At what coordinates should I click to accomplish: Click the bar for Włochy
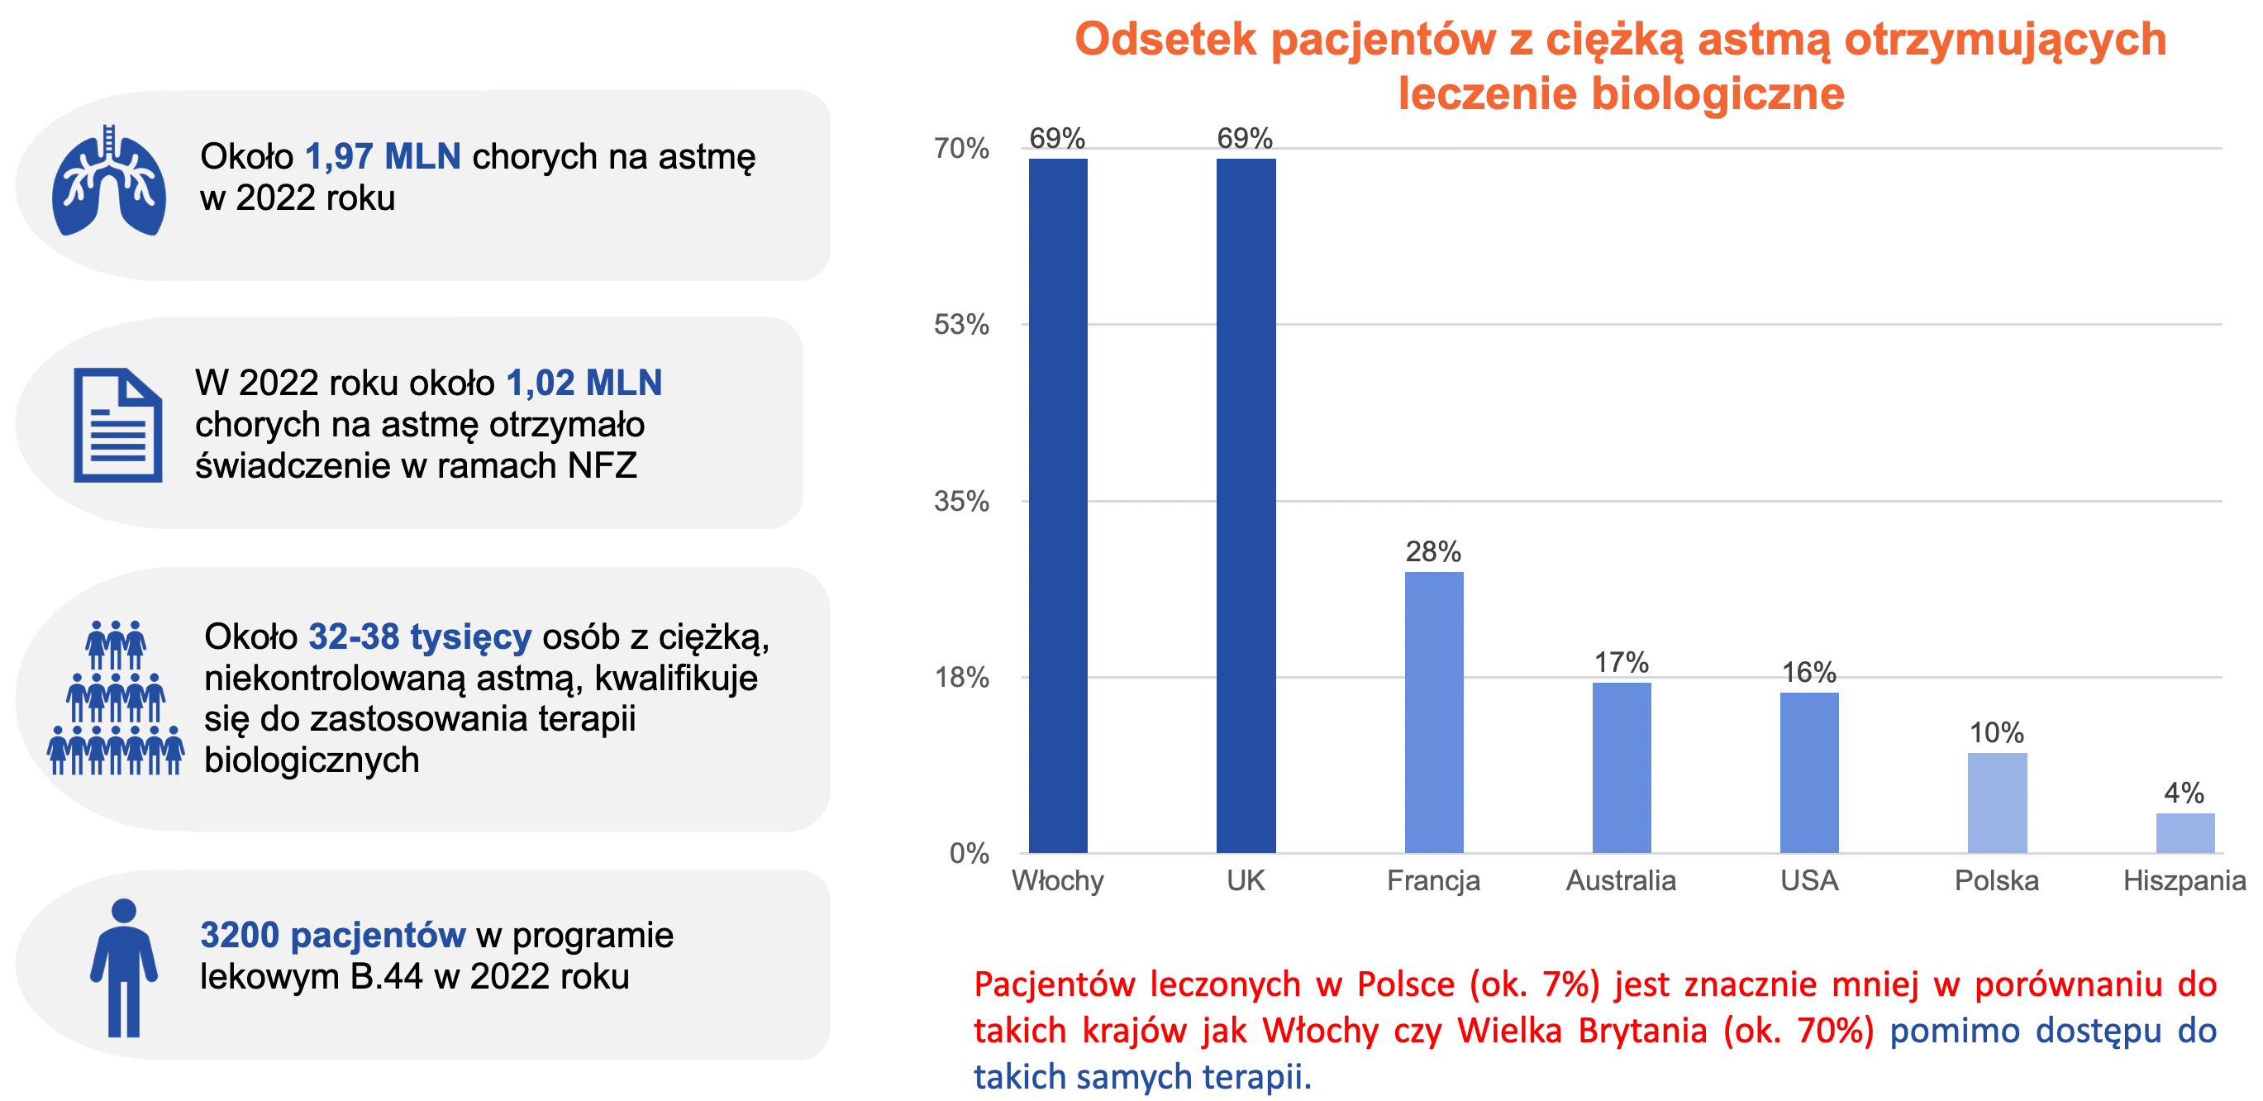pos(1058,505)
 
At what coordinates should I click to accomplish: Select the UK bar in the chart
pos(1246,505)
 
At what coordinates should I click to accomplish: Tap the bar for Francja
pos(1434,712)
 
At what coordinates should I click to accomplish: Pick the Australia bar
pos(1622,767)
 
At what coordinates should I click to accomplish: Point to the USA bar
pos(1808,772)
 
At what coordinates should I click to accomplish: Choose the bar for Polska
pos(1997,803)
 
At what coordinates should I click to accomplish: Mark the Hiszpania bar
pos(2184,833)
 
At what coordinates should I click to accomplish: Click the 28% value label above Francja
pos(1433,552)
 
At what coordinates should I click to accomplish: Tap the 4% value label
pos(2184,794)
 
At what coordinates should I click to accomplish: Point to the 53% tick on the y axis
pos(961,325)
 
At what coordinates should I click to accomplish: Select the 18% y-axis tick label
pos(961,678)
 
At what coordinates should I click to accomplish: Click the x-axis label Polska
pos(1997,880)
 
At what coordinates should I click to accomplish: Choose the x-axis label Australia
pos(1621,880)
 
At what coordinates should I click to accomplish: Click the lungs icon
pos(109,182)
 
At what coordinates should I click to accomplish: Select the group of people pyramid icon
pos(116,698)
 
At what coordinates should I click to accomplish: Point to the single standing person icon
pos(124,966)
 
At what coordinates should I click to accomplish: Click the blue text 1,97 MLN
pos(382,156)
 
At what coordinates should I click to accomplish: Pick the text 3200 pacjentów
pos(332,935)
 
